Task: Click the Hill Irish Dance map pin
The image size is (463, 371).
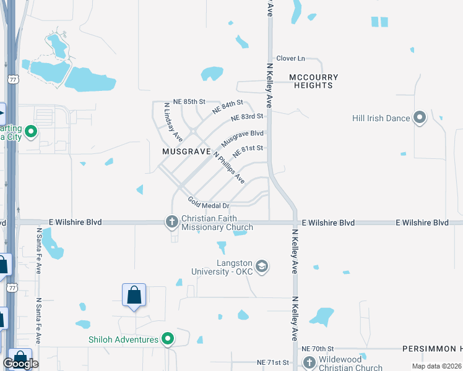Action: click(x=420, y=117)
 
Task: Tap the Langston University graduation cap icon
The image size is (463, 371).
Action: click(x=261, y=266)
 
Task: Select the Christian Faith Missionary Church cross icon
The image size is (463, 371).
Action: click(x=172, y=221)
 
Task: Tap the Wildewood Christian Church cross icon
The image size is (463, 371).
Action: click(x=308, y=362)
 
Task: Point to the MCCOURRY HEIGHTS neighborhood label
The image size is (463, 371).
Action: click(x=314, y=81)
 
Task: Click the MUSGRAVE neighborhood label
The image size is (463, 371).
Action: click(x=183, y=151)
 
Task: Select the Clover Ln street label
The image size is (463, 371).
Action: click(x=291, y=58)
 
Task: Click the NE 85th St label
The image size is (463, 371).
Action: click(x=189, y=101)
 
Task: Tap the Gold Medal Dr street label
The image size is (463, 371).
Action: click(x=209, y=203)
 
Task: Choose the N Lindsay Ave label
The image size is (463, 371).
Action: click(x=173, y=122)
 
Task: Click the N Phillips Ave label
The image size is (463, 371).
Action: click(x=229, y=167)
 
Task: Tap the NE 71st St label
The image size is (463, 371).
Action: click(x=273, y=362)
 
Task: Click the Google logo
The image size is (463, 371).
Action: click(x=20, y=363)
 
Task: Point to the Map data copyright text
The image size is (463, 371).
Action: click(x=435, y=366)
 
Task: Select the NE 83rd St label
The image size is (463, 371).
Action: click(x=248, y=117)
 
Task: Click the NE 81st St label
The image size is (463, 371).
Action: click(x=248, y=150)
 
